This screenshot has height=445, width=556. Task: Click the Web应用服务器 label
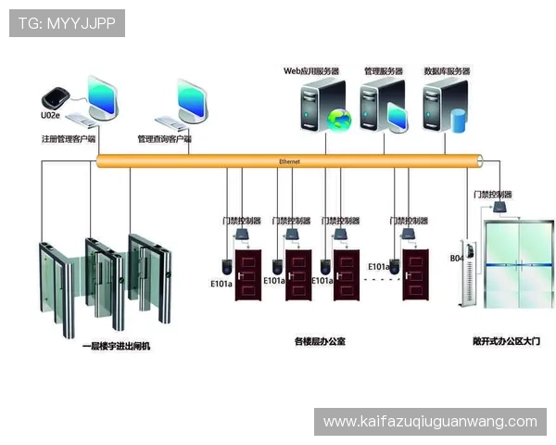[x=310, y=70]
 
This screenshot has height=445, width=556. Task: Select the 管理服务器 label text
[x=383, y=70]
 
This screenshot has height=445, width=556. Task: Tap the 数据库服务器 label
[x=447, y=70]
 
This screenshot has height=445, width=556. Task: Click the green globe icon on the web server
[x=340, y=119]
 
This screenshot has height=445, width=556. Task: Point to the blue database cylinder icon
[x=457, y=119]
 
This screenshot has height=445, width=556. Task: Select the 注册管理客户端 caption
[x=69, y=139]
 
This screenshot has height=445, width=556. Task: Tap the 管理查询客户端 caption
[x=164, y=139]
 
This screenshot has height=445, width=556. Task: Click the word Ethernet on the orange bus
[x=289, y=161]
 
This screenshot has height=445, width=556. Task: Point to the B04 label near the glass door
[x=456, y=258]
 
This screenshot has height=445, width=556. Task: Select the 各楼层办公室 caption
[x=320, y=341]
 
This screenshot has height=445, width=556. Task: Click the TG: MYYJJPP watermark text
[x=67, y=23]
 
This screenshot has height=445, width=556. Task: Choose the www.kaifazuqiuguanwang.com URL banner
[x=429, y=422]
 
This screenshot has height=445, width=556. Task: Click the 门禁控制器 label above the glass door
[x=492, y=195]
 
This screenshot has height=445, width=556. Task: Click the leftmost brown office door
[x=248, y=274]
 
